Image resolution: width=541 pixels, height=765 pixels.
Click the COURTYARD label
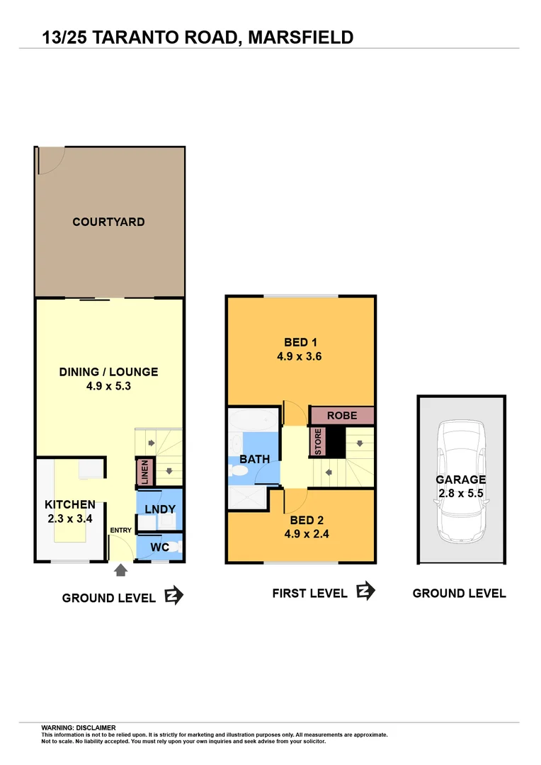pos(108,222)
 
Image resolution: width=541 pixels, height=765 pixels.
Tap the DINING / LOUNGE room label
pos(108,372)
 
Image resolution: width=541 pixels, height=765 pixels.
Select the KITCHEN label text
pos(70,504)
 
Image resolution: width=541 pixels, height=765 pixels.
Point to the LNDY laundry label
pos(160,509)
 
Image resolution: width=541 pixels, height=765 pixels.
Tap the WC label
pos(160,548)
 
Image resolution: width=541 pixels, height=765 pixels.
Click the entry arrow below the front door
pos(120,569)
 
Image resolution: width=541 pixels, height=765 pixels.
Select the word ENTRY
pos(121,531)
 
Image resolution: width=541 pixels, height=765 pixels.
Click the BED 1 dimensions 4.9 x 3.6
pos(300,357)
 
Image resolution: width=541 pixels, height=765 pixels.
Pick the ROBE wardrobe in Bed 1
pos(342,415)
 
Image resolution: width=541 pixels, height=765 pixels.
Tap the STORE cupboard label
pos(318,443)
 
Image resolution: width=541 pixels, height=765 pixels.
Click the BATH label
pos(254,459)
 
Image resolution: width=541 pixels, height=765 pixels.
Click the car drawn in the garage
pos(461,482)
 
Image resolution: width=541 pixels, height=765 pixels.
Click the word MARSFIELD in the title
pos(301,36)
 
